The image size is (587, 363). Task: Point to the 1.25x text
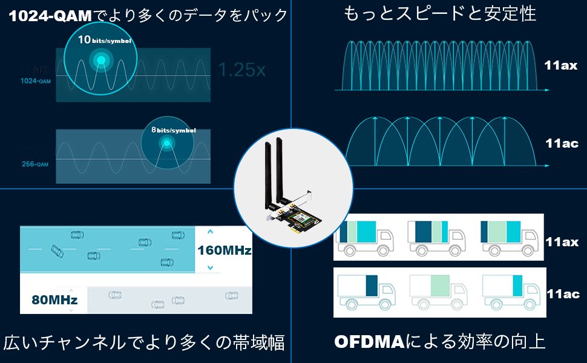click(241, 70)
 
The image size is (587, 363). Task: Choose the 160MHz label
click(224, 250)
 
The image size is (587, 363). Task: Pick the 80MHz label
click(54, 299)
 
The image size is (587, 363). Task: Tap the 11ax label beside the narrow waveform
click(560, 66)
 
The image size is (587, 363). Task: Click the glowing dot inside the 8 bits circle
click(165, 143)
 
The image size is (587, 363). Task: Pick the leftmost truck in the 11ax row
click(363, 236)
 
